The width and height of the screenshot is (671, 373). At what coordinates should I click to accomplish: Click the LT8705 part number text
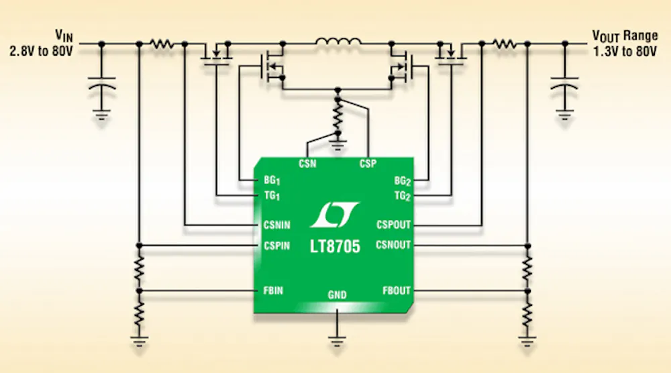click(334, 248)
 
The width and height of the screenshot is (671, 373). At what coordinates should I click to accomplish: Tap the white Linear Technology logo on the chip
click(334, 215)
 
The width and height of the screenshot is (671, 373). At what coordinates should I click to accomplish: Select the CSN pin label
click(307, 163)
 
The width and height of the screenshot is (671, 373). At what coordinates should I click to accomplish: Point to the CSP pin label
click(368, 163)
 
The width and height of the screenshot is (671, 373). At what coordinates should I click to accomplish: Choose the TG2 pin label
click(401, 196)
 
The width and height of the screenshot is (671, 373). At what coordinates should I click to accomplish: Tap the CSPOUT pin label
click(393, 225)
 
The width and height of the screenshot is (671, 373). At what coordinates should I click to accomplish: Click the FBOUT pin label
click(396, 291)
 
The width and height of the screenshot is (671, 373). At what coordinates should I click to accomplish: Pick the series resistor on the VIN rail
click(161, 44)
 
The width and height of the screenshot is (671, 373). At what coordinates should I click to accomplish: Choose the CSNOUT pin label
click(393, 245)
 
